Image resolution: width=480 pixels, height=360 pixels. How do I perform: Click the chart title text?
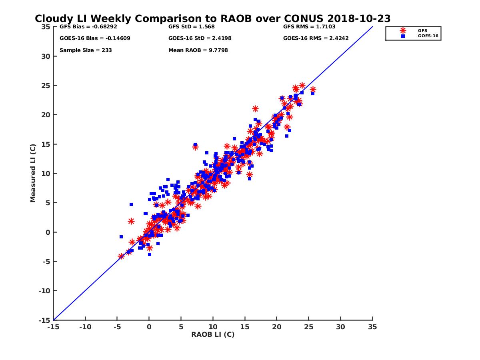[212, 19]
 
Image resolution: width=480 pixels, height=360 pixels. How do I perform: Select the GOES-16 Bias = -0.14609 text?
[95, 38]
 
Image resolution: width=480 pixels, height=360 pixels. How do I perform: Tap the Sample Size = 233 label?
[86, 50]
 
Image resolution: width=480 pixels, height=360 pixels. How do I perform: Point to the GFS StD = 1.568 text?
[192, 27]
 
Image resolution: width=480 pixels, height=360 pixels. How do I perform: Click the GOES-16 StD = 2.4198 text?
[200, 38]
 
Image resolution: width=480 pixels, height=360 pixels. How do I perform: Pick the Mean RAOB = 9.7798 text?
[198, 50]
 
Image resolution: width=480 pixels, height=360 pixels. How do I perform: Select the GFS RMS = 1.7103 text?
[309, 27]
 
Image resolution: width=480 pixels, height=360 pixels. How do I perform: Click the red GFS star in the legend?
[403, 30]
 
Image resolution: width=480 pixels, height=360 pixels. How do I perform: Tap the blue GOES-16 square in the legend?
[403, 36]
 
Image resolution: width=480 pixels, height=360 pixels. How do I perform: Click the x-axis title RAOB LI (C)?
[213, 334]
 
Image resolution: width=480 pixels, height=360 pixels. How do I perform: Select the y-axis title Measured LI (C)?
[33, 173]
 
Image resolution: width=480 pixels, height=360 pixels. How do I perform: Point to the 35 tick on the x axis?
[372, 327]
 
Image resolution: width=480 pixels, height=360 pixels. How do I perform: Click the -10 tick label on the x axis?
[85, 327]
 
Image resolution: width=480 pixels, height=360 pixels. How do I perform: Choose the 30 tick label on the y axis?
[46, 56]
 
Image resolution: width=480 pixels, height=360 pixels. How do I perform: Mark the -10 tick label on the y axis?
[44, 291]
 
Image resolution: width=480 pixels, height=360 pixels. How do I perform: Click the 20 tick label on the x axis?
[276, 327]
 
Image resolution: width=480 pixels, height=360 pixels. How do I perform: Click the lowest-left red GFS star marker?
[121, 256]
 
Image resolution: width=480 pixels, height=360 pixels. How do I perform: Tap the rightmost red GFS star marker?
[313, 90]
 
